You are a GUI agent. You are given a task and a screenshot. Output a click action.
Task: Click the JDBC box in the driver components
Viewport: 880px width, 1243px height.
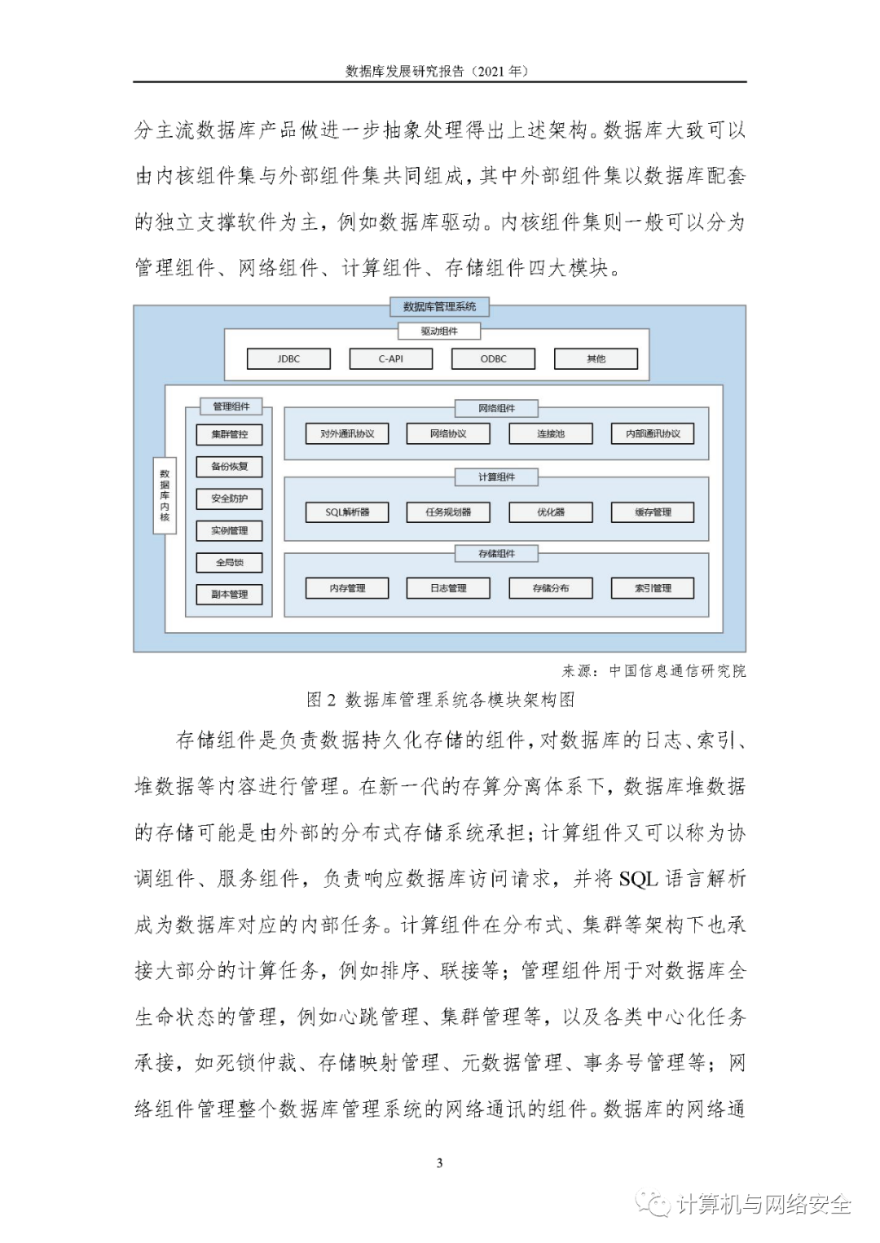click(x=288, y=358)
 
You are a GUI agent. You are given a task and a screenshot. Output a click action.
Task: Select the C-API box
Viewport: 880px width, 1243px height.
click(x=390, y=358)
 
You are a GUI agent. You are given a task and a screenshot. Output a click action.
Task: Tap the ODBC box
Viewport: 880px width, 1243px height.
click(x=493, y=358)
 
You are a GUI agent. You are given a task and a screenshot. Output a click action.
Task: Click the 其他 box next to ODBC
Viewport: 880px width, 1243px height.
click(x=596, y=358)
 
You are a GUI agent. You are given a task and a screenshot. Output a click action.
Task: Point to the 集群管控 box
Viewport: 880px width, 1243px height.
click(x=229, y=434)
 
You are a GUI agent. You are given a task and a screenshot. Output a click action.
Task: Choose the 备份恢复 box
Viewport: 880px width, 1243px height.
click(x=229, y=467)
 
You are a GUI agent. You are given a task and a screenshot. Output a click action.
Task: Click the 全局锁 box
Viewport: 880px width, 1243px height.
click(x=229, y=562)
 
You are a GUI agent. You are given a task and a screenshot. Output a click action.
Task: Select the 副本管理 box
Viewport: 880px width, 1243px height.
click(x=229, y=594)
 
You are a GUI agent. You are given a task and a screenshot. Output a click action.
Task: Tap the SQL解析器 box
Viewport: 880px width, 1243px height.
click(x=347, y=512)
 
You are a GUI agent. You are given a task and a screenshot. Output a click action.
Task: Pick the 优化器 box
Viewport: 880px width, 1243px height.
click(x=551, y=512)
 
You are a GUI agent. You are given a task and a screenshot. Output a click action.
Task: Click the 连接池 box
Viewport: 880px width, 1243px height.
click(x=551, y=434)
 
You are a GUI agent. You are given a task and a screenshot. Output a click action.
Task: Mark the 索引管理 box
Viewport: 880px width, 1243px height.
click(x=653, y=588)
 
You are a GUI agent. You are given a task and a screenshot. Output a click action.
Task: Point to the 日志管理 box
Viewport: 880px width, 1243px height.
click(x=448, y=588)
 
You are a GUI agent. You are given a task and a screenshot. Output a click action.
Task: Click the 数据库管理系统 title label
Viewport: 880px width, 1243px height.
click(x=439, y=307)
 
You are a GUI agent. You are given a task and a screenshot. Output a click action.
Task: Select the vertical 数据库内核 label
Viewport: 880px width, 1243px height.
click(x=165, y=495)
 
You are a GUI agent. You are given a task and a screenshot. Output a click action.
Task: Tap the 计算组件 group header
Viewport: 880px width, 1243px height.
click(x=496, y=477)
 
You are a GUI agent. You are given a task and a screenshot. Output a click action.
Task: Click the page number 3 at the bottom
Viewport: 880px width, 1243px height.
click(x=440, y=1162)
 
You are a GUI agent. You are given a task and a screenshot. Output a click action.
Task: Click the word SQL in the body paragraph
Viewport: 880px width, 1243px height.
click(x=637, y=879)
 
